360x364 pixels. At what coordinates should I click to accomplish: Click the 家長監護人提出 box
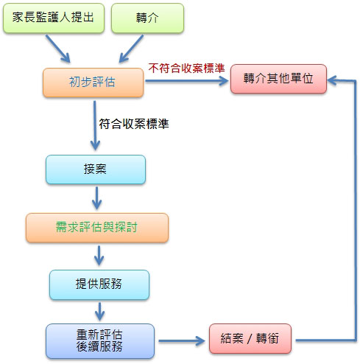[54, 18]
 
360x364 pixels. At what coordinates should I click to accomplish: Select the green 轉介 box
[147, 18]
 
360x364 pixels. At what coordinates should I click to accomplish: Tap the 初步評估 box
[93, 83]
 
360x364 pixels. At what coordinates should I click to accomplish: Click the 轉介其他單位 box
[278, 79]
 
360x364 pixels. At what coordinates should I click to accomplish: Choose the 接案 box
[96, 169]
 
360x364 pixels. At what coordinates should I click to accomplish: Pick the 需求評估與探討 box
[97, 228]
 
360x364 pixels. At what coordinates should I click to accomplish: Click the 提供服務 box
[99, 284]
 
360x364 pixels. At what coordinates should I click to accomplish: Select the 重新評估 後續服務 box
[100, 341]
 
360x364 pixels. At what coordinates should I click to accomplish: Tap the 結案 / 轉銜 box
[250, 338]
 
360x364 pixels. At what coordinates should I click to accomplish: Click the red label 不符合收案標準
[186, 68]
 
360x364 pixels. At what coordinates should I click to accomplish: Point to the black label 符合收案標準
[134, 124]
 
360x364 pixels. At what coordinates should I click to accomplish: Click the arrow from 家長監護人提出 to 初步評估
[58, 49]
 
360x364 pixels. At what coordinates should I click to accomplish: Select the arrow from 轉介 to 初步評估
[131, 49]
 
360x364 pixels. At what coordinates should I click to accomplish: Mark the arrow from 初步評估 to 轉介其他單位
[187, 81]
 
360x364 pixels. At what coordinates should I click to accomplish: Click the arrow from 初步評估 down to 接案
[95, 125]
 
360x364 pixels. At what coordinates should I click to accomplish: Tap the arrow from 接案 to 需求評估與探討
[97, 198]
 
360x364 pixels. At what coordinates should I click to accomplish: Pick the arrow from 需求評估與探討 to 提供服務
[99, 256]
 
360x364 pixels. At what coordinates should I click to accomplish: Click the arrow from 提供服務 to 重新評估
[99, 311]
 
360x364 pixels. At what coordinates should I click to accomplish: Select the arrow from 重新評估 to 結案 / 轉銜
[182, 340]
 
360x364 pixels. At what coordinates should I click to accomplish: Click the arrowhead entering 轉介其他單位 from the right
[332, 80]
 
